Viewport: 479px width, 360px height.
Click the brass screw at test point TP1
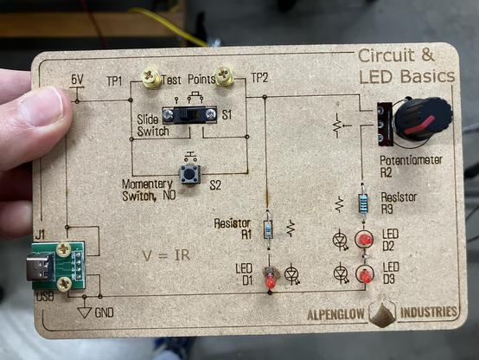pos(151,77)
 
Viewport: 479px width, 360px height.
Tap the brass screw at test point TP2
pos(224,76)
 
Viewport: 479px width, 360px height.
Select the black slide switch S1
pos(189,115)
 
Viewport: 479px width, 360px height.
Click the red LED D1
pos(270,280)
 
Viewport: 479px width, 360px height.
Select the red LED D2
pos(365,239)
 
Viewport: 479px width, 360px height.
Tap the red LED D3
pos(365,274)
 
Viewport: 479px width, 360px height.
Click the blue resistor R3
pos(363,202)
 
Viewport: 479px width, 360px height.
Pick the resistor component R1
pos(268,229)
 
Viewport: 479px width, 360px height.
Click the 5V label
pos(77,80)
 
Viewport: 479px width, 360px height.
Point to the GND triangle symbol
pos(85,312)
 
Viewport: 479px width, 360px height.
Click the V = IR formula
pos(167,255)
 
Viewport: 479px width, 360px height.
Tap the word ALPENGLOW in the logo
pos(335,314)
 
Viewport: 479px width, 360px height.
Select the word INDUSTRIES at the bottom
pos(428,312)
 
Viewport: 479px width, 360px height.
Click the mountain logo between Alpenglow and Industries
pos(382,312)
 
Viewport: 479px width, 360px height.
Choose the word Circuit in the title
pos(386,56)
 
